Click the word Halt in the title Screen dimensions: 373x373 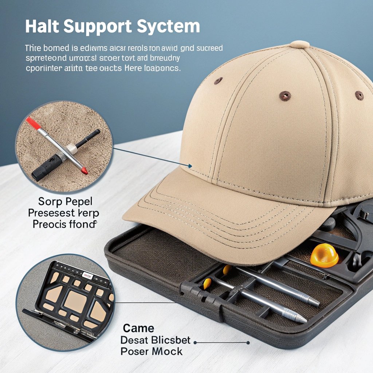41,27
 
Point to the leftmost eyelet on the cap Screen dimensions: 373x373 219,81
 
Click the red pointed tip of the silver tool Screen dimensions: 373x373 85,171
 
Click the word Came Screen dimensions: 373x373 138,328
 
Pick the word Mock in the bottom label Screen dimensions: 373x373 166,352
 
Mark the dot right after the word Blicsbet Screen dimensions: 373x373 195,342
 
